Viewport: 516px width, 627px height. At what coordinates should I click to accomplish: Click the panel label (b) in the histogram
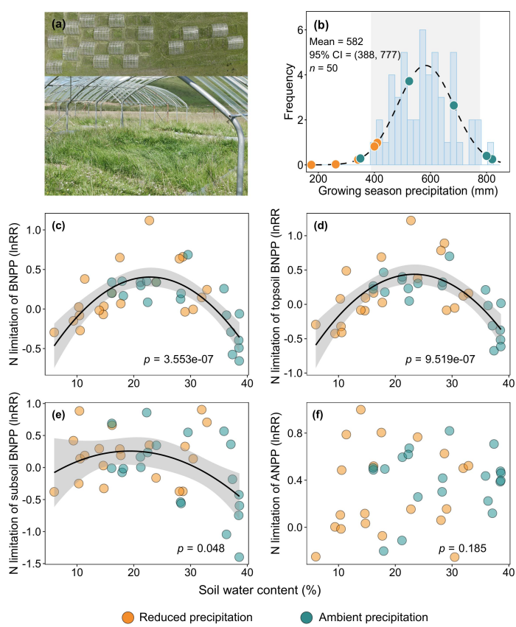click(x=323, y=24)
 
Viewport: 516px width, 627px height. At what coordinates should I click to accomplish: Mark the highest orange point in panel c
click(x=149, y=220)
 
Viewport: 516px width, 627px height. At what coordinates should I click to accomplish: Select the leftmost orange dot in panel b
click(x=311, y=164)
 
